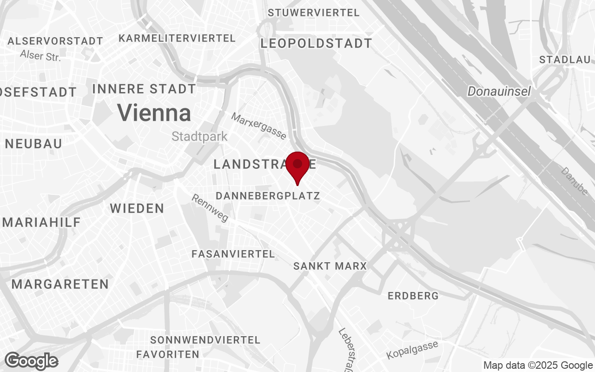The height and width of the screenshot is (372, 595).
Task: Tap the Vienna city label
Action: (154, 113)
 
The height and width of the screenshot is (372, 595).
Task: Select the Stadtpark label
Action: (199, 136)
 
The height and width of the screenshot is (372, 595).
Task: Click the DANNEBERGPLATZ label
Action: (268, 196)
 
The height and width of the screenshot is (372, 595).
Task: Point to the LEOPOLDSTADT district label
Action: (316, 44)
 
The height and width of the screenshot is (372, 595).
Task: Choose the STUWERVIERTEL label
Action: (314, 13)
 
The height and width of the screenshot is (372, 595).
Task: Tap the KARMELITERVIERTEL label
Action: (177, 38)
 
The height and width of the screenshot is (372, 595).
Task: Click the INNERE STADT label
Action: (144, 89)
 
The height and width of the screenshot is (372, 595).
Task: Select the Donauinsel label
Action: (499, 92)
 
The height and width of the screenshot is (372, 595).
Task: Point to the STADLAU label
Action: (564, 60)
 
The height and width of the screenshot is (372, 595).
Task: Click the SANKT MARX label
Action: (330, 266)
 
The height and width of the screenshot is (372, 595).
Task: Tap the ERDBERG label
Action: (413, 296)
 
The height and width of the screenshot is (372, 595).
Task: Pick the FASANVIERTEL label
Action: (233, 254)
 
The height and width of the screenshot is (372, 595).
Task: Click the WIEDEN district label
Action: (137, 208)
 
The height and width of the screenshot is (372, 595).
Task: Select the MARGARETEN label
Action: (60, 284)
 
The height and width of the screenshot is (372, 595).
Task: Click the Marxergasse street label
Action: (259, 126)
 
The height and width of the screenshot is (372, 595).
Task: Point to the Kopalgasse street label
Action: (412, 350)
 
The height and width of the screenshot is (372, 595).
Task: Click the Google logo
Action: (31, 361)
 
